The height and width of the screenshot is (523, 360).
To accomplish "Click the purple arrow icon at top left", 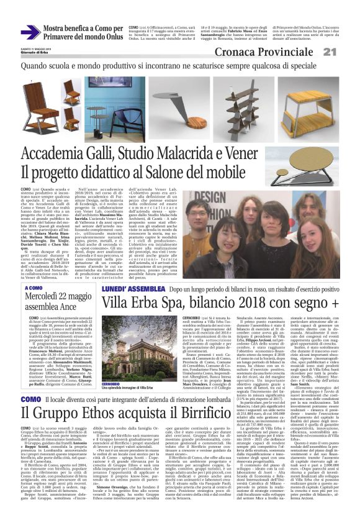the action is (x=30, y=32).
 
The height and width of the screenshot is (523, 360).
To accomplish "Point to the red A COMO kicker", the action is (x=34, y=288).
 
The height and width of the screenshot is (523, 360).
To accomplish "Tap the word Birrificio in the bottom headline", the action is (x=202, y=414).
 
